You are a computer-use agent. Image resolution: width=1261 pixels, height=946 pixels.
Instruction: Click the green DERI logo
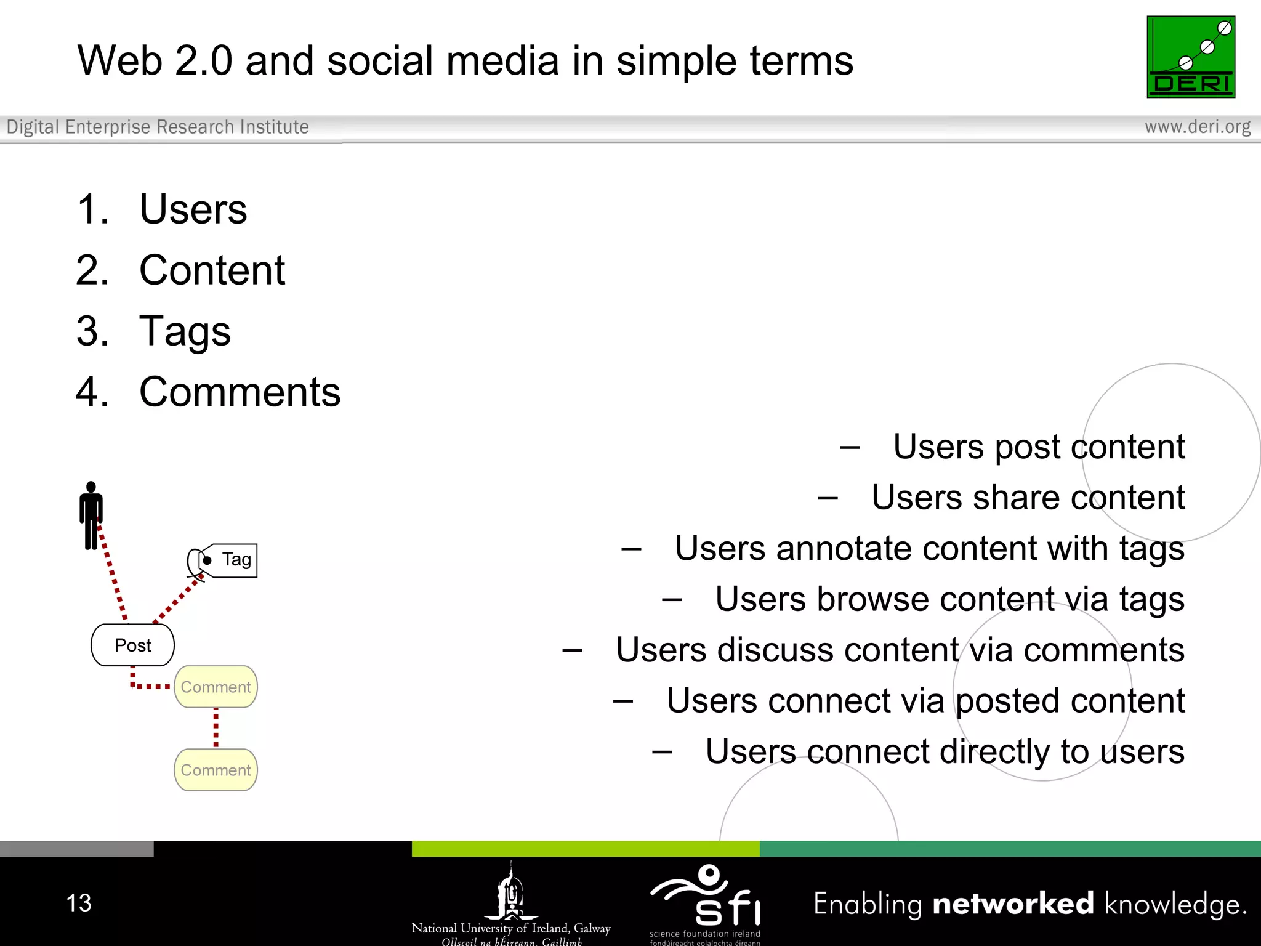(1190, 57)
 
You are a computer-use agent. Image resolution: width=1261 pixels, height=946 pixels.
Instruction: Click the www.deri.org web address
(1197, 127)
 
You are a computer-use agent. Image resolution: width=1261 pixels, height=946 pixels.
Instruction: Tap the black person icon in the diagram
(91, 515)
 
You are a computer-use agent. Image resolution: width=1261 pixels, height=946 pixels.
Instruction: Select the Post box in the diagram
(132, 645)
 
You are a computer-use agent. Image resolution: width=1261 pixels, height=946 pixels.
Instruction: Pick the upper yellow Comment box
(216, 687)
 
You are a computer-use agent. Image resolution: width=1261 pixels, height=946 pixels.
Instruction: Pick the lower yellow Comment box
(216, 770)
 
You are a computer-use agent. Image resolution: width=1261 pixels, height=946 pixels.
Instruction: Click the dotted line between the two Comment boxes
(216, 728)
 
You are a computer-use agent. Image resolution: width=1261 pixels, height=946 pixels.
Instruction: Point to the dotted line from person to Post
(112, 573)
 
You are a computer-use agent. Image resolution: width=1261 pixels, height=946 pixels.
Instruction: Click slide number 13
(79, 903)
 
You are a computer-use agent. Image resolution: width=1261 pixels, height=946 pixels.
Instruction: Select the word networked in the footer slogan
(1013, 904)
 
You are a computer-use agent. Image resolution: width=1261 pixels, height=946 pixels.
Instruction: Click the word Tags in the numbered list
(185, 331)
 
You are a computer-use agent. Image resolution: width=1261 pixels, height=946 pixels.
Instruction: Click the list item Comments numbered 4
(240, 392)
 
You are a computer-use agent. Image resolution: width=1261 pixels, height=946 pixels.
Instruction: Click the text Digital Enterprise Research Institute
(158, 127)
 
